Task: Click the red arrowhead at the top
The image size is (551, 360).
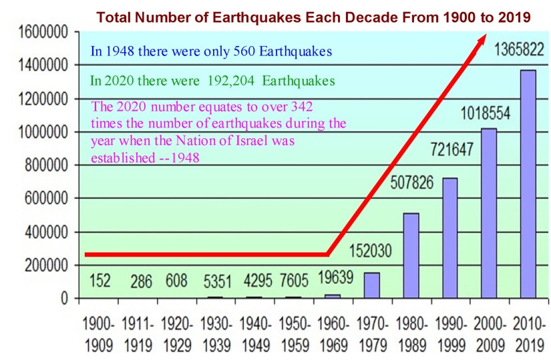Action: coord(482,41)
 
